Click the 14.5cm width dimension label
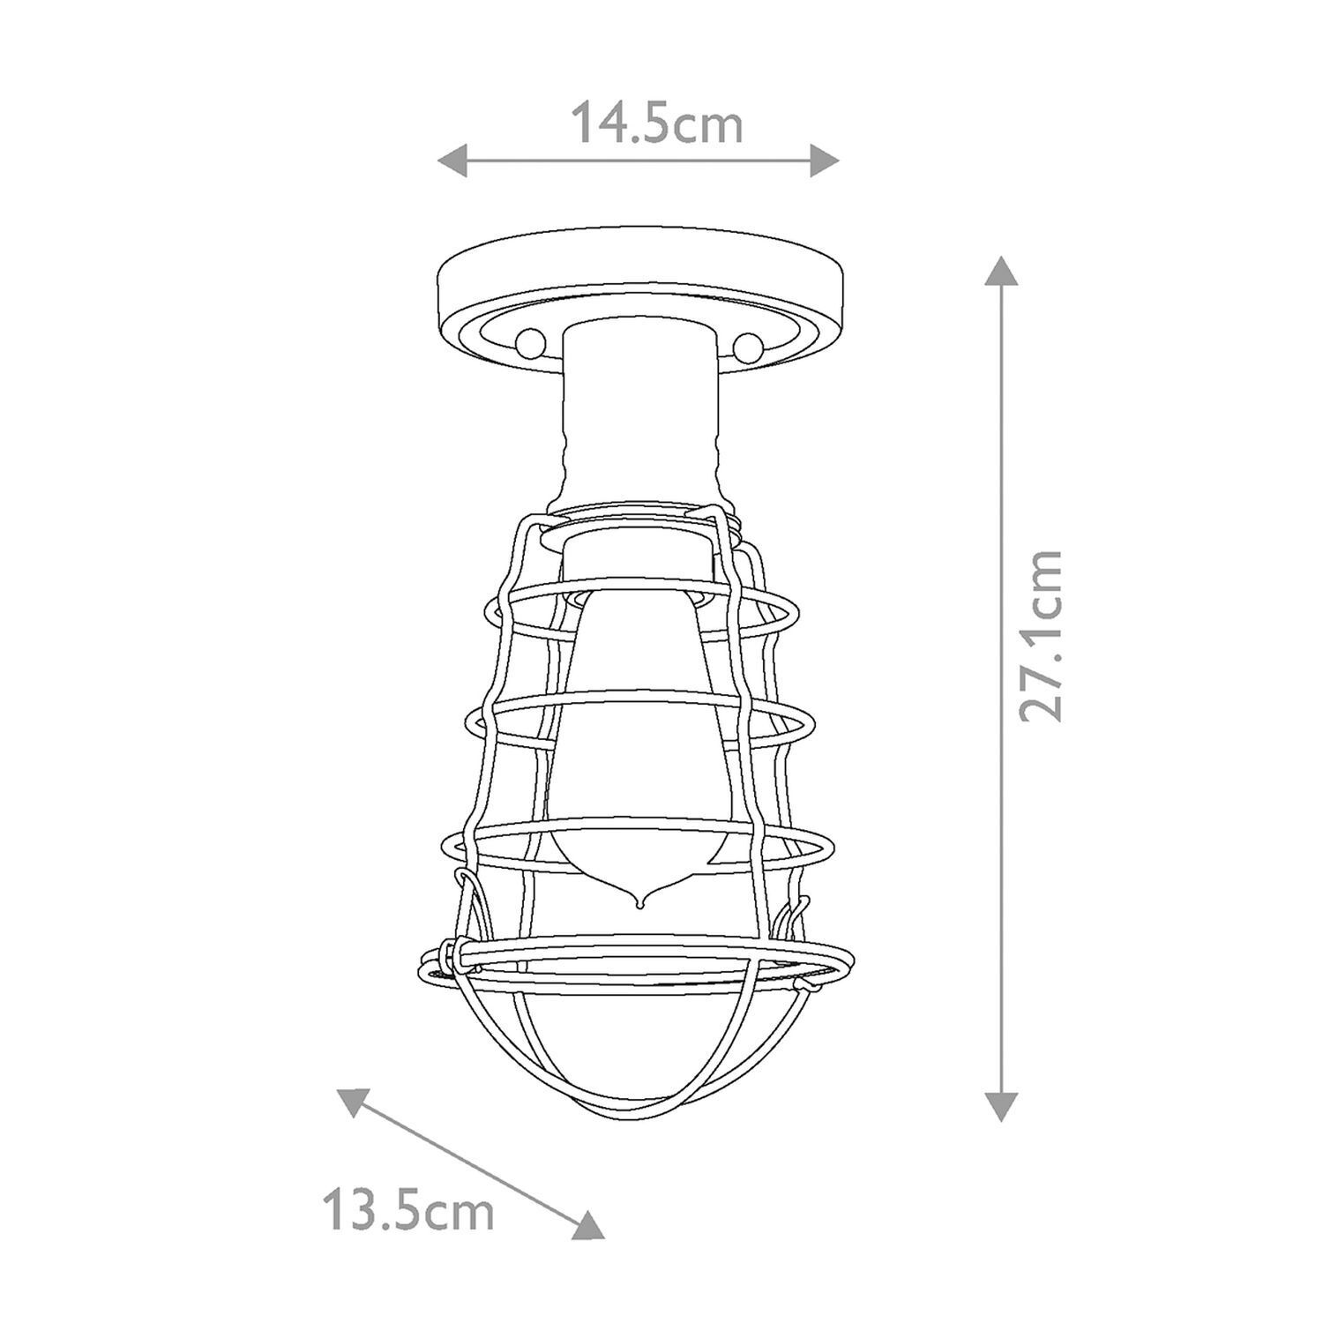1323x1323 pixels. point(658,124)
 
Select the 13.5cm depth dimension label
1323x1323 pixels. point(407,1211)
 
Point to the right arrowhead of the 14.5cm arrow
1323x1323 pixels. point(824,161)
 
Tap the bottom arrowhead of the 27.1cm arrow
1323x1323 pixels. point(1000,1104)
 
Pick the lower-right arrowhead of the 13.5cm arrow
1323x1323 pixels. point(589,1225)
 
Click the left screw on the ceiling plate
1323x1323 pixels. point(532,340)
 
